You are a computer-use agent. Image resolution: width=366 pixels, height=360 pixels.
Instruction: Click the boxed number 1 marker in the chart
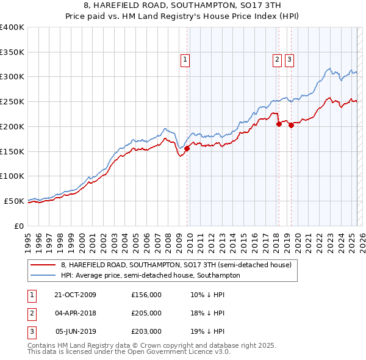click(x=185, y=60)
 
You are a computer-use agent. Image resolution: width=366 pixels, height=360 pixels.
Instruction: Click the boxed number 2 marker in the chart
click(x=277, y=60)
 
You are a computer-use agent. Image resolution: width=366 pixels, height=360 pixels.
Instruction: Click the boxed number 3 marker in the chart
click(x=289, y=60)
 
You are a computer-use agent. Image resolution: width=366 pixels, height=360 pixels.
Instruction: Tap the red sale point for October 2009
click(x=187, y=148)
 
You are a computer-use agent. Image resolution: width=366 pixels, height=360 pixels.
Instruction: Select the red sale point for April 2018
click(x=279, y=124)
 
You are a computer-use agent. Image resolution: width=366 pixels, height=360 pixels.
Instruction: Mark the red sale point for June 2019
click(x=291, y=125)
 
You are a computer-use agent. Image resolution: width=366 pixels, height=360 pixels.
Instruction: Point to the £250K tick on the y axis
click(x=12, y=102)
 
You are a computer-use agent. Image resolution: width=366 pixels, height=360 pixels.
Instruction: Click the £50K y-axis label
click(x=15, y=201)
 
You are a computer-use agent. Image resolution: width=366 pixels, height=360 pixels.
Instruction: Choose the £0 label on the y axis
click(x=19, y=226)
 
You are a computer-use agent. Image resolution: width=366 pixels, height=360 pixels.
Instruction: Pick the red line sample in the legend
click(x=44, y=265)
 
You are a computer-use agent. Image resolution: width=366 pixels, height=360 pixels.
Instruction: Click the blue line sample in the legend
click(x=44, y=275)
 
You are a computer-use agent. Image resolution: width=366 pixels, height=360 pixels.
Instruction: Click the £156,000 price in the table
click(x=146, y=294)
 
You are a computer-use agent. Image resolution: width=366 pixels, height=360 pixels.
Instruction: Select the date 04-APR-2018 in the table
click(x=75, y=313)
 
